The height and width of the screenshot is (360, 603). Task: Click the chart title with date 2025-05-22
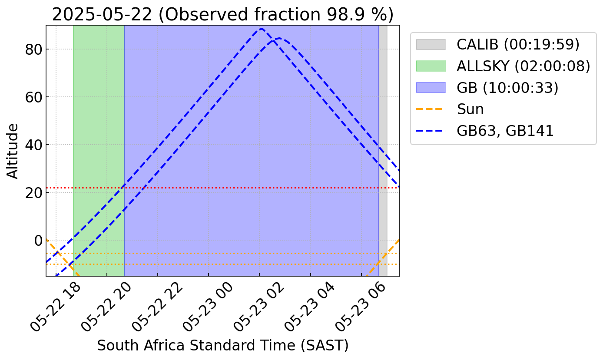222,14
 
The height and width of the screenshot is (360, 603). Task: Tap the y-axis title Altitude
13,151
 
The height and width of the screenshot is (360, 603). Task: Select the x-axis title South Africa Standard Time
222,345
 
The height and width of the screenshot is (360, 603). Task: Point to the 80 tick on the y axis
33,50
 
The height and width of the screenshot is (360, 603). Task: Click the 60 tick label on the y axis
33,97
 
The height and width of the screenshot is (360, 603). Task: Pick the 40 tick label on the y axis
33,145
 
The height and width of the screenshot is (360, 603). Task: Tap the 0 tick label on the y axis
38,241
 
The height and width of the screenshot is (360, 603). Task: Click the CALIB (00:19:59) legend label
518,44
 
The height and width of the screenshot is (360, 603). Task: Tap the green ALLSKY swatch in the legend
431,66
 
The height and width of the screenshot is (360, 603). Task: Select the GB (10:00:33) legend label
507,88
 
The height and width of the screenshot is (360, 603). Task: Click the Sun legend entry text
470,109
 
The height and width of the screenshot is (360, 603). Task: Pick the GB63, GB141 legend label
505,131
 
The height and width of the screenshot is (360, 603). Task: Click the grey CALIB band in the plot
383,151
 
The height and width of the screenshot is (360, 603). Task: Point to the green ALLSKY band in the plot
99,151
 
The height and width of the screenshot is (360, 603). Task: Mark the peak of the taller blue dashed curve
262,28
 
